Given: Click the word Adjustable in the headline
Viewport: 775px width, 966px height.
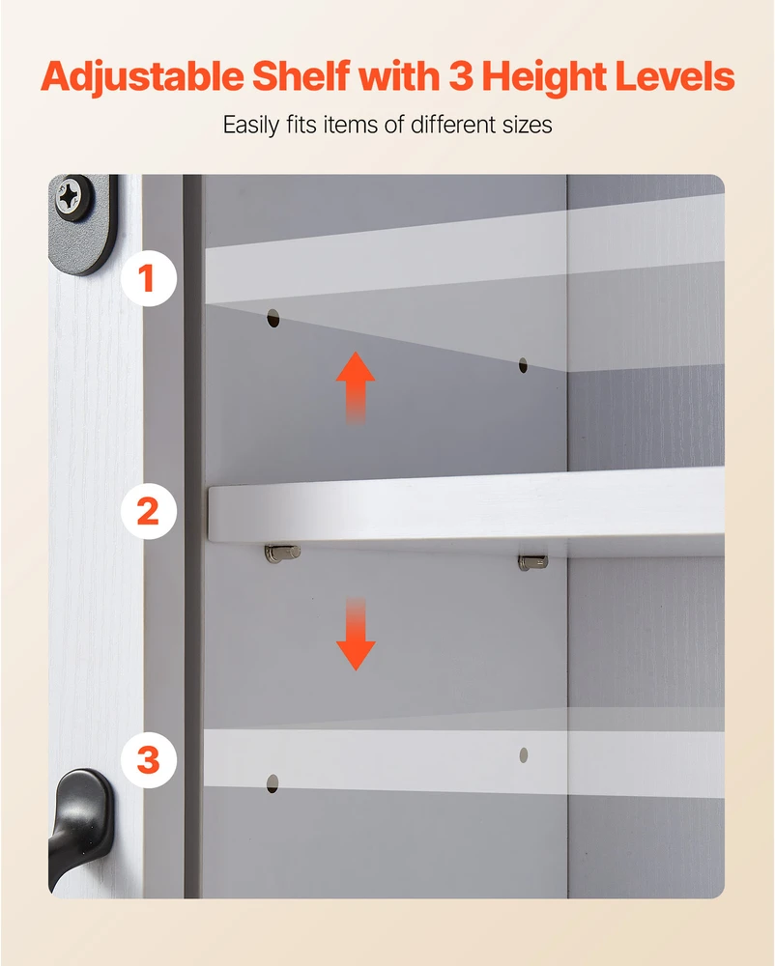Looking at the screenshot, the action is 142,77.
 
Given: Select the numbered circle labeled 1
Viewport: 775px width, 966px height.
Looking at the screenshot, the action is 149,278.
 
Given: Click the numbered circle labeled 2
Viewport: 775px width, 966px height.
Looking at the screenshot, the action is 149,511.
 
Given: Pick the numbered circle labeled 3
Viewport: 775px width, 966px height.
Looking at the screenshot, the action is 149,759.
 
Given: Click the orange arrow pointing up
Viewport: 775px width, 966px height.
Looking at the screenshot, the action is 356,387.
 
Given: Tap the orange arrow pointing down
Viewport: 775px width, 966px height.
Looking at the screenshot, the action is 356,634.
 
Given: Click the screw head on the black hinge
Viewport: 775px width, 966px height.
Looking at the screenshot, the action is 69,196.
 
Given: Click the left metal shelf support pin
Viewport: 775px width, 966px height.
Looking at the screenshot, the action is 282,553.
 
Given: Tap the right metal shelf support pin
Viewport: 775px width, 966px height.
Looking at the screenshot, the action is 532,561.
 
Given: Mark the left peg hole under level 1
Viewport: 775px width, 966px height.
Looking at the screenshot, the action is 273,319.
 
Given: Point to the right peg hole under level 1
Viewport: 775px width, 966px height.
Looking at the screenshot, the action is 523,365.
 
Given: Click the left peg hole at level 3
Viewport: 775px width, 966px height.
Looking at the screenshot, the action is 273,783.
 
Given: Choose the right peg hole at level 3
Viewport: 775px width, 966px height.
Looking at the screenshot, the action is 524,755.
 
